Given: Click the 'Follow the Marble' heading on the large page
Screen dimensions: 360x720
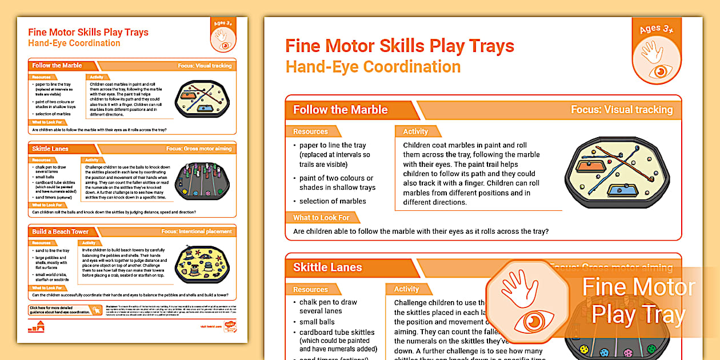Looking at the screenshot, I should tap(340, 110).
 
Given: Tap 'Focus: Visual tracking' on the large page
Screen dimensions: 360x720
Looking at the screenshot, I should tap(621, 110).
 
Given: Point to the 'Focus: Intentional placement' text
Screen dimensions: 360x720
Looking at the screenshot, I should tap(197, 231).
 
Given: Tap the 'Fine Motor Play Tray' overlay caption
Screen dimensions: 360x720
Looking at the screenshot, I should tap(638, 301).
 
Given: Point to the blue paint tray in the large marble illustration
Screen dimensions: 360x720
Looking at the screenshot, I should tap(622, 190).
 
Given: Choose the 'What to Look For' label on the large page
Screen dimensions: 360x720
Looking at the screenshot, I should tap(321, 217).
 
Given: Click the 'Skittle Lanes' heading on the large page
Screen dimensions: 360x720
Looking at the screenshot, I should tap(327, 267).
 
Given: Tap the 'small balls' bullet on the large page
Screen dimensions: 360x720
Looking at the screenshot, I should tap(317, 322).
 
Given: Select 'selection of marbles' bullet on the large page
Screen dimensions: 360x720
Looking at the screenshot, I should tap(333, 201).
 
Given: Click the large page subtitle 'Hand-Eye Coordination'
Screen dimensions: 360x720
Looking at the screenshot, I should tap(373, 67).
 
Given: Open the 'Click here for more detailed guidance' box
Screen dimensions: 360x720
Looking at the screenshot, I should tap(59, 310).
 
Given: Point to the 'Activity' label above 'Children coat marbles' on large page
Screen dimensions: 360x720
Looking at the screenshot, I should tap(415, 131).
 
